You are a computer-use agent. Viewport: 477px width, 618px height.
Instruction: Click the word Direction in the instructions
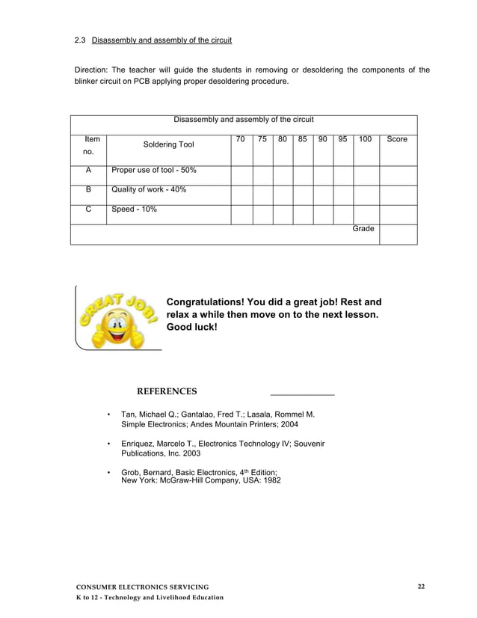coord(92,71)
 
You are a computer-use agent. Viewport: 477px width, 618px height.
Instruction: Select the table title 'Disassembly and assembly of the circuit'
coord(244,120)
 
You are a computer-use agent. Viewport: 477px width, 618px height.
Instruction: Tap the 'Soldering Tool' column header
coord(168,144)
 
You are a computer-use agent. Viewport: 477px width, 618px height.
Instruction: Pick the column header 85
coord(302,139)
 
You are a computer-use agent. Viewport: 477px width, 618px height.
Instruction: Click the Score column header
coord(397,139)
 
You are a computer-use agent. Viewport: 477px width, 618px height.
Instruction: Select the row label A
coord(88,171)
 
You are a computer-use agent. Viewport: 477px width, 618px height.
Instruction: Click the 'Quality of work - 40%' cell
coord(149,190)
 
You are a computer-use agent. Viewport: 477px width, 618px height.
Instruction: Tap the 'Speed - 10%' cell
coord(134,210)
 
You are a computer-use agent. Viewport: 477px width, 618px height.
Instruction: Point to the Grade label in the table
coord(363,229)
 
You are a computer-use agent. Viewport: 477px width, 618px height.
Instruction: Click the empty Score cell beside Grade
coord(398,234)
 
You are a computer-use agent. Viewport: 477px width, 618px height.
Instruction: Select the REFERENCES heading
coord(167,391)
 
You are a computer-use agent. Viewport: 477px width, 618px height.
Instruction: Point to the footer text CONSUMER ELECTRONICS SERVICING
coord(143,586)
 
